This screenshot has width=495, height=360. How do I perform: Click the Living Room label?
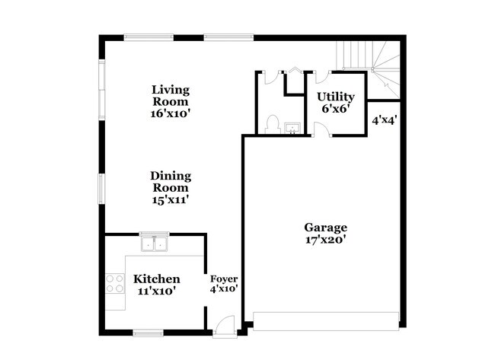click(x=171, y=96)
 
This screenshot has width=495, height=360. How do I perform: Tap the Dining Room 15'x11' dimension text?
click(x=171, y=199)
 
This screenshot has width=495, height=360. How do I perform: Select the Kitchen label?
click(x=157, y=279)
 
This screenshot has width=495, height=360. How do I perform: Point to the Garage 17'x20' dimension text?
click(x=326, y=240)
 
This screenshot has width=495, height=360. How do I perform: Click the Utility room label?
click(x=336, y=97)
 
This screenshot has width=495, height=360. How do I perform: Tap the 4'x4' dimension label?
click(x=384, y=120)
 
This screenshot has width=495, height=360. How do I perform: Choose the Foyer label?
click(x=224, y=279)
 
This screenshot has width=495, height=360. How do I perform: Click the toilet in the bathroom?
click(x=273, y=124)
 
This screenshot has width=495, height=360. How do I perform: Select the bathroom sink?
click(x=293, y=129)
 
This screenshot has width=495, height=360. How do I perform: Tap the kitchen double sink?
click(x=155, y=242)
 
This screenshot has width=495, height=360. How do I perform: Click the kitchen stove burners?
click(x=114, y=283)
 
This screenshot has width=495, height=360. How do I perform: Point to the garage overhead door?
click(x=326, y=321)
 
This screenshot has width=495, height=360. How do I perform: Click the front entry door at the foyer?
click(x=225, y=327)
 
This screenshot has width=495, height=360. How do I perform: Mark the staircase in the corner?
click(x=369, y=69)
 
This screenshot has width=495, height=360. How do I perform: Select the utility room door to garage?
click(x=322, y=130)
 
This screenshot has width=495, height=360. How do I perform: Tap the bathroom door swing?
click(x=271, y=78)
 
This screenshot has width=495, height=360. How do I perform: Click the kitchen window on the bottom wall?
click(x=148, y=333)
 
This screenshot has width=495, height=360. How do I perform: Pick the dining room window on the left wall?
click(x=101, y=189)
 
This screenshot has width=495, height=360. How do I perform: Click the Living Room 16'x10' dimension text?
click(x=171, y=113)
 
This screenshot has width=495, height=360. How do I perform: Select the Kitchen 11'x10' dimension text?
click(x=157, y=291)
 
